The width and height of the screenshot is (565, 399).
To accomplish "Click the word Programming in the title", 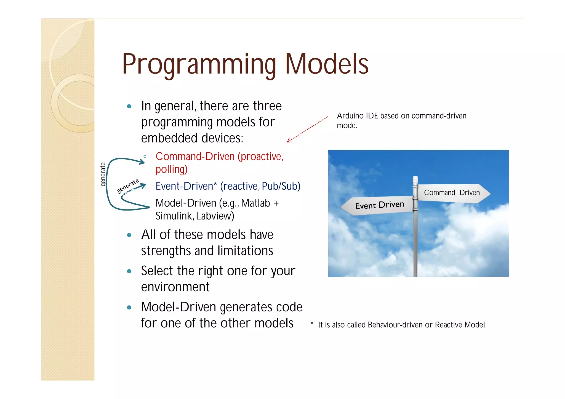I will pyautogui.click(x=199, y=65).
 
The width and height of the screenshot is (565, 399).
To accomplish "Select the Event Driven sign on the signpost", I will pyautogui.click(x=379, y=205).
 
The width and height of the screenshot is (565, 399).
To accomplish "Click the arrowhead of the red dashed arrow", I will pyautogui.click(x=289, y=141).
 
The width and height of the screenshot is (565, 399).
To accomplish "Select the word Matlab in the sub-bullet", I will pyautogui.click(x=255, y=203).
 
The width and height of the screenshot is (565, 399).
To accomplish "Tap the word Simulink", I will pyautogui.click(x=174, y=216).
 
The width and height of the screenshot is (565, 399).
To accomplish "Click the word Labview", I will pyautogui.click(x=215, y=216).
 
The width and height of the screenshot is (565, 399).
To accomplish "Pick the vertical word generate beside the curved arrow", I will pyautogui.click(x=103, y=174).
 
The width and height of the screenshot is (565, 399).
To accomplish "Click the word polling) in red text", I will pyautogui.click(x=171, y=169).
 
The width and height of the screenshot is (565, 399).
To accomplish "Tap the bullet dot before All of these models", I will pyautogui.click(x=129, y=235).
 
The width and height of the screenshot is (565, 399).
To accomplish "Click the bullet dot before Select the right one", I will pyautogui.click(x=129, y=271).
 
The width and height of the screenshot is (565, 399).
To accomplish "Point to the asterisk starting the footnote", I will pyautogui.click(x=312, y=323).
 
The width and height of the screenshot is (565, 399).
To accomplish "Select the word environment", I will pyautogui.click(x=175, y=287).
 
